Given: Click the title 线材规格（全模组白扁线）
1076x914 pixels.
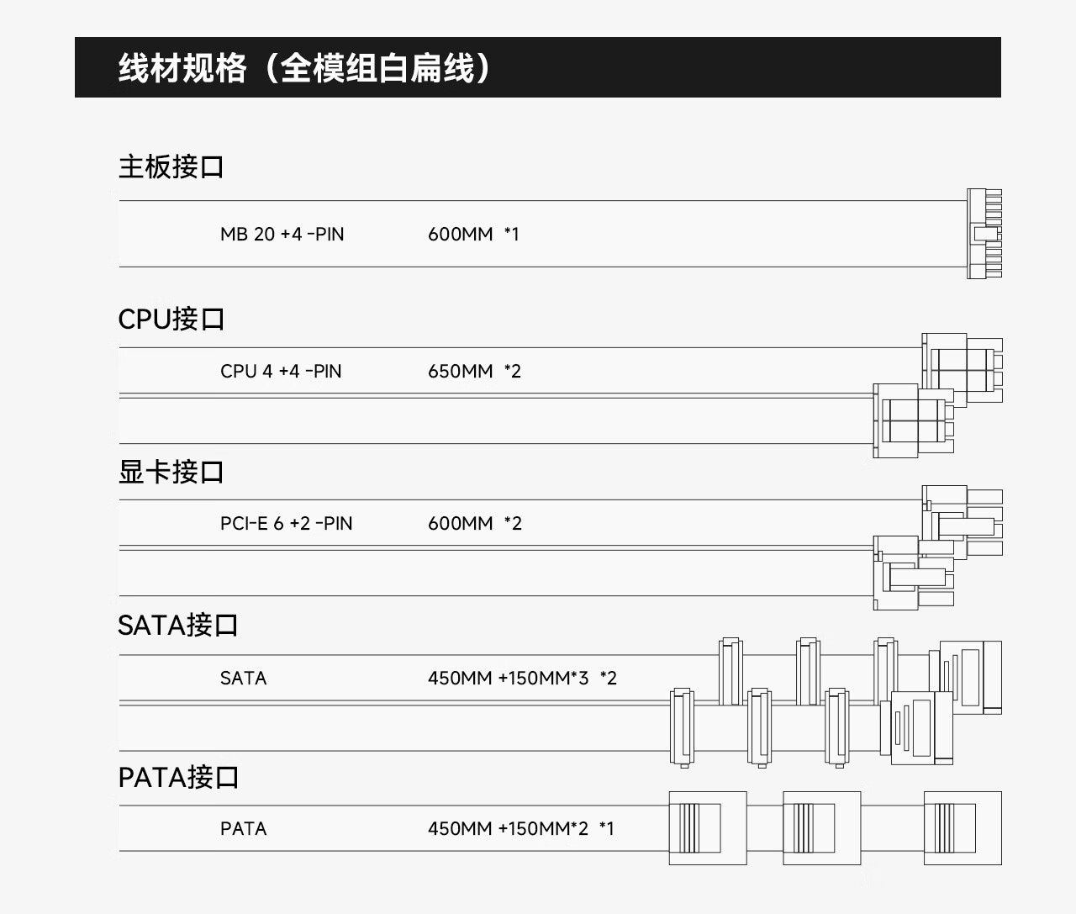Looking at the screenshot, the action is point(305,68).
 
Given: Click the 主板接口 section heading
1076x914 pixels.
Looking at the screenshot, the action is point(171,166).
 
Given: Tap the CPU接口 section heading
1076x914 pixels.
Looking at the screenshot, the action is point(171,319).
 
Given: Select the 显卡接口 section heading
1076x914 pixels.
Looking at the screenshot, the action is point(171,472).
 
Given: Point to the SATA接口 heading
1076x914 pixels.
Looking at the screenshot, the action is point(177,625).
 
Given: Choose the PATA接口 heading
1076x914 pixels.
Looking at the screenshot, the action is point(178,778).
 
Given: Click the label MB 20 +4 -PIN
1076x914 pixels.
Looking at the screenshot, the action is point(282,235).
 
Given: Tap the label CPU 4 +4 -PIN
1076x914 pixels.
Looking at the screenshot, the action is point(281,372).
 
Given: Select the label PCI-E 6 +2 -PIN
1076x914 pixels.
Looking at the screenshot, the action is point(287,523).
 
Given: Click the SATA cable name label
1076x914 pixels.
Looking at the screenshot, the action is point(243,678).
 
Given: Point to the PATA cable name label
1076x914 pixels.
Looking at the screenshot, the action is point(243,828).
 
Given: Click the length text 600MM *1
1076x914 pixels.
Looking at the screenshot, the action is point(474,235).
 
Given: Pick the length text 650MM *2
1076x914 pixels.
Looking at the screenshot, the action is point(475,372).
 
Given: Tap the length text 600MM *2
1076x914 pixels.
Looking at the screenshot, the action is point(475,523).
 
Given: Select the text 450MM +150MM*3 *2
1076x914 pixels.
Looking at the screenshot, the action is point(523,678).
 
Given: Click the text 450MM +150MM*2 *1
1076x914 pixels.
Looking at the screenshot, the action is point(521,828).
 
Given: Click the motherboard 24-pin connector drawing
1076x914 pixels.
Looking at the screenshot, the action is point(984,234).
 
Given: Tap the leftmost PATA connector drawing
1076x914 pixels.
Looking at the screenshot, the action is point(708,828).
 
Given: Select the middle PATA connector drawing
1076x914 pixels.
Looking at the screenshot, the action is point(822,828).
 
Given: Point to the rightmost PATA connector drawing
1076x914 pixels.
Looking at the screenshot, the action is point(963,828).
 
